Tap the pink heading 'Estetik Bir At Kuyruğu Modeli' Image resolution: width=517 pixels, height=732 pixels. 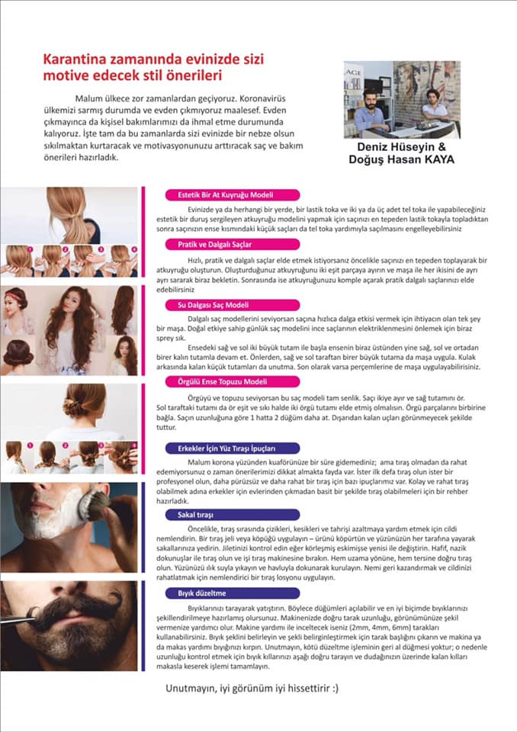226,195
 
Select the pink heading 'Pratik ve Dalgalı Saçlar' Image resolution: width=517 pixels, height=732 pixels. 215,245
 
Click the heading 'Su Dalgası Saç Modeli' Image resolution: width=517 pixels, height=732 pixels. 213,305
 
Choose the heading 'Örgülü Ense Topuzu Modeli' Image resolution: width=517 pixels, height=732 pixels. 223,382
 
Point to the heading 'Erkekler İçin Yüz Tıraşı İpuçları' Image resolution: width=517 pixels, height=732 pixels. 226,448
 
